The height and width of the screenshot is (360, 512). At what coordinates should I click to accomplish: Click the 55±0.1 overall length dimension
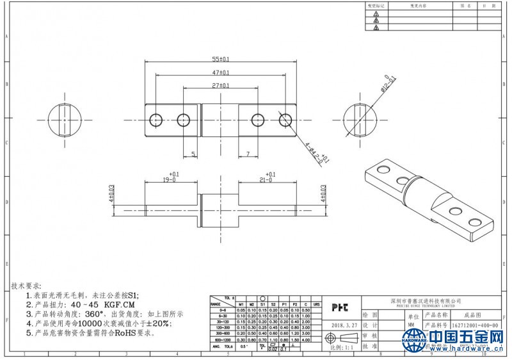(x=221, y=58)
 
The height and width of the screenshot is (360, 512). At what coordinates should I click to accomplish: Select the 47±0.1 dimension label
(x=221, y=72)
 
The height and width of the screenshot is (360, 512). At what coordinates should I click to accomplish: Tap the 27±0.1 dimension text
(x=221, y=85)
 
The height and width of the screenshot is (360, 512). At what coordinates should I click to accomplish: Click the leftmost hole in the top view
(x=156, y=120)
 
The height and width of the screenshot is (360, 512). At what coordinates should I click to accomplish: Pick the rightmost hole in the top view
(x=285, y=120)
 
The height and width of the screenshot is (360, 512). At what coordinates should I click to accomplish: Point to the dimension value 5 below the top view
(x=193, y=154)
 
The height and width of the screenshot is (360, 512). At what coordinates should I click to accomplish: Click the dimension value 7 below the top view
(x=248, y=154)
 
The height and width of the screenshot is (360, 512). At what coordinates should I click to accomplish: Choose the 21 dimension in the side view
(x=266, y=181)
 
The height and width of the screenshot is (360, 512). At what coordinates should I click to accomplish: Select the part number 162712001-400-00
(x=474, y=325)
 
